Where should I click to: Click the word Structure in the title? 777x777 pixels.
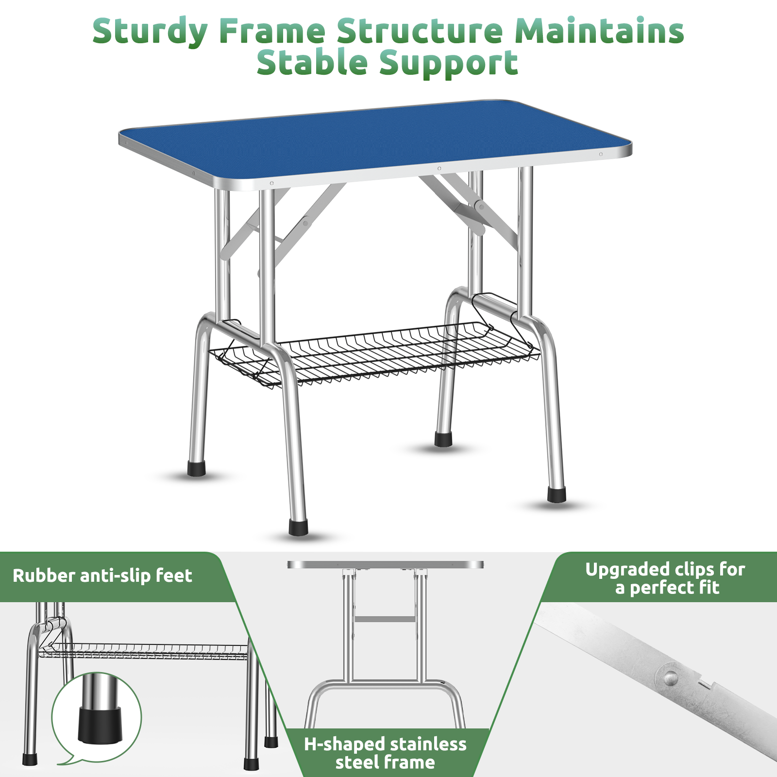[x=420, y=31]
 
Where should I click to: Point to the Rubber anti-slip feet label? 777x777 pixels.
[x=102, y=576]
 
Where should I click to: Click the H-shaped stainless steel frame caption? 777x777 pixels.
[x=385, y=753]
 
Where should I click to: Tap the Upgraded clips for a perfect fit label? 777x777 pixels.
[x=665, y=578]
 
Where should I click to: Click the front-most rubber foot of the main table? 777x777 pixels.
[x=298, y=527]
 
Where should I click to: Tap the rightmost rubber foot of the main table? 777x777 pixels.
[x=557, y=495]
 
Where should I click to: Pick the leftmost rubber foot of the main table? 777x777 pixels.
[x=197, y=469]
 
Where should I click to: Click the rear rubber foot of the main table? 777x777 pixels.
[x=443, y=439]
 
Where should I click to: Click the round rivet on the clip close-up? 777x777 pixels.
[x=671, y=677]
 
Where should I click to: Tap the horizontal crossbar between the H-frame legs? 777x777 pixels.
[x=385, y=619]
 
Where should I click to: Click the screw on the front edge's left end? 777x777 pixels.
[x=272, y=183]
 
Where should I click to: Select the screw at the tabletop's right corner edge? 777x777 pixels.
[x=601, y=154]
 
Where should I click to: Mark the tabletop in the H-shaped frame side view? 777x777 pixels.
[x=385, y=565]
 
